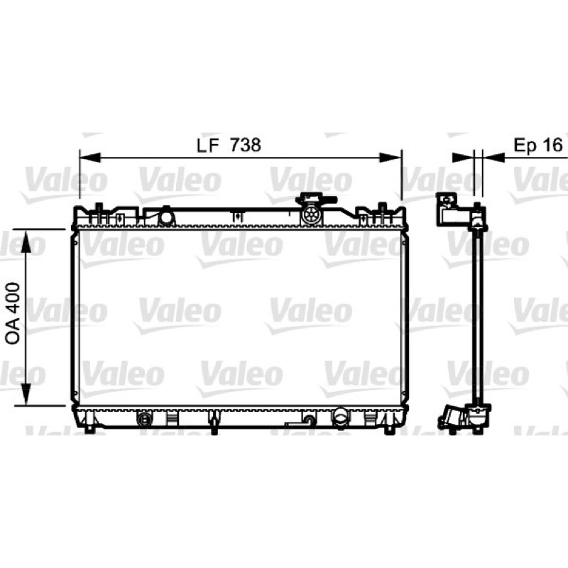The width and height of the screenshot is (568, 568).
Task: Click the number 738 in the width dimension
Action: [246, 145]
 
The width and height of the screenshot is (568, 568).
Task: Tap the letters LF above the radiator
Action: [208, 146]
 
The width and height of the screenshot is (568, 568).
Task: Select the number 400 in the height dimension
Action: [13, 300]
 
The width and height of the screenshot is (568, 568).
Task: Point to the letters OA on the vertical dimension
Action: [13, 332]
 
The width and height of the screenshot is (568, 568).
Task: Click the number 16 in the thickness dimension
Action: [552, 145]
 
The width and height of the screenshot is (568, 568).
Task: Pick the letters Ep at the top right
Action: [525, 146]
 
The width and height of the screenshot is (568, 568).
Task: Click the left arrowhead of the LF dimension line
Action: [89, 158]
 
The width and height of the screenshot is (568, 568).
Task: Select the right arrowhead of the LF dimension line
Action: [390, 158]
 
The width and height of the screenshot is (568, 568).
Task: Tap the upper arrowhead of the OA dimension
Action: [26, 241]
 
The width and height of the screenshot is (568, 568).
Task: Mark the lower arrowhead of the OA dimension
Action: [26, 395]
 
